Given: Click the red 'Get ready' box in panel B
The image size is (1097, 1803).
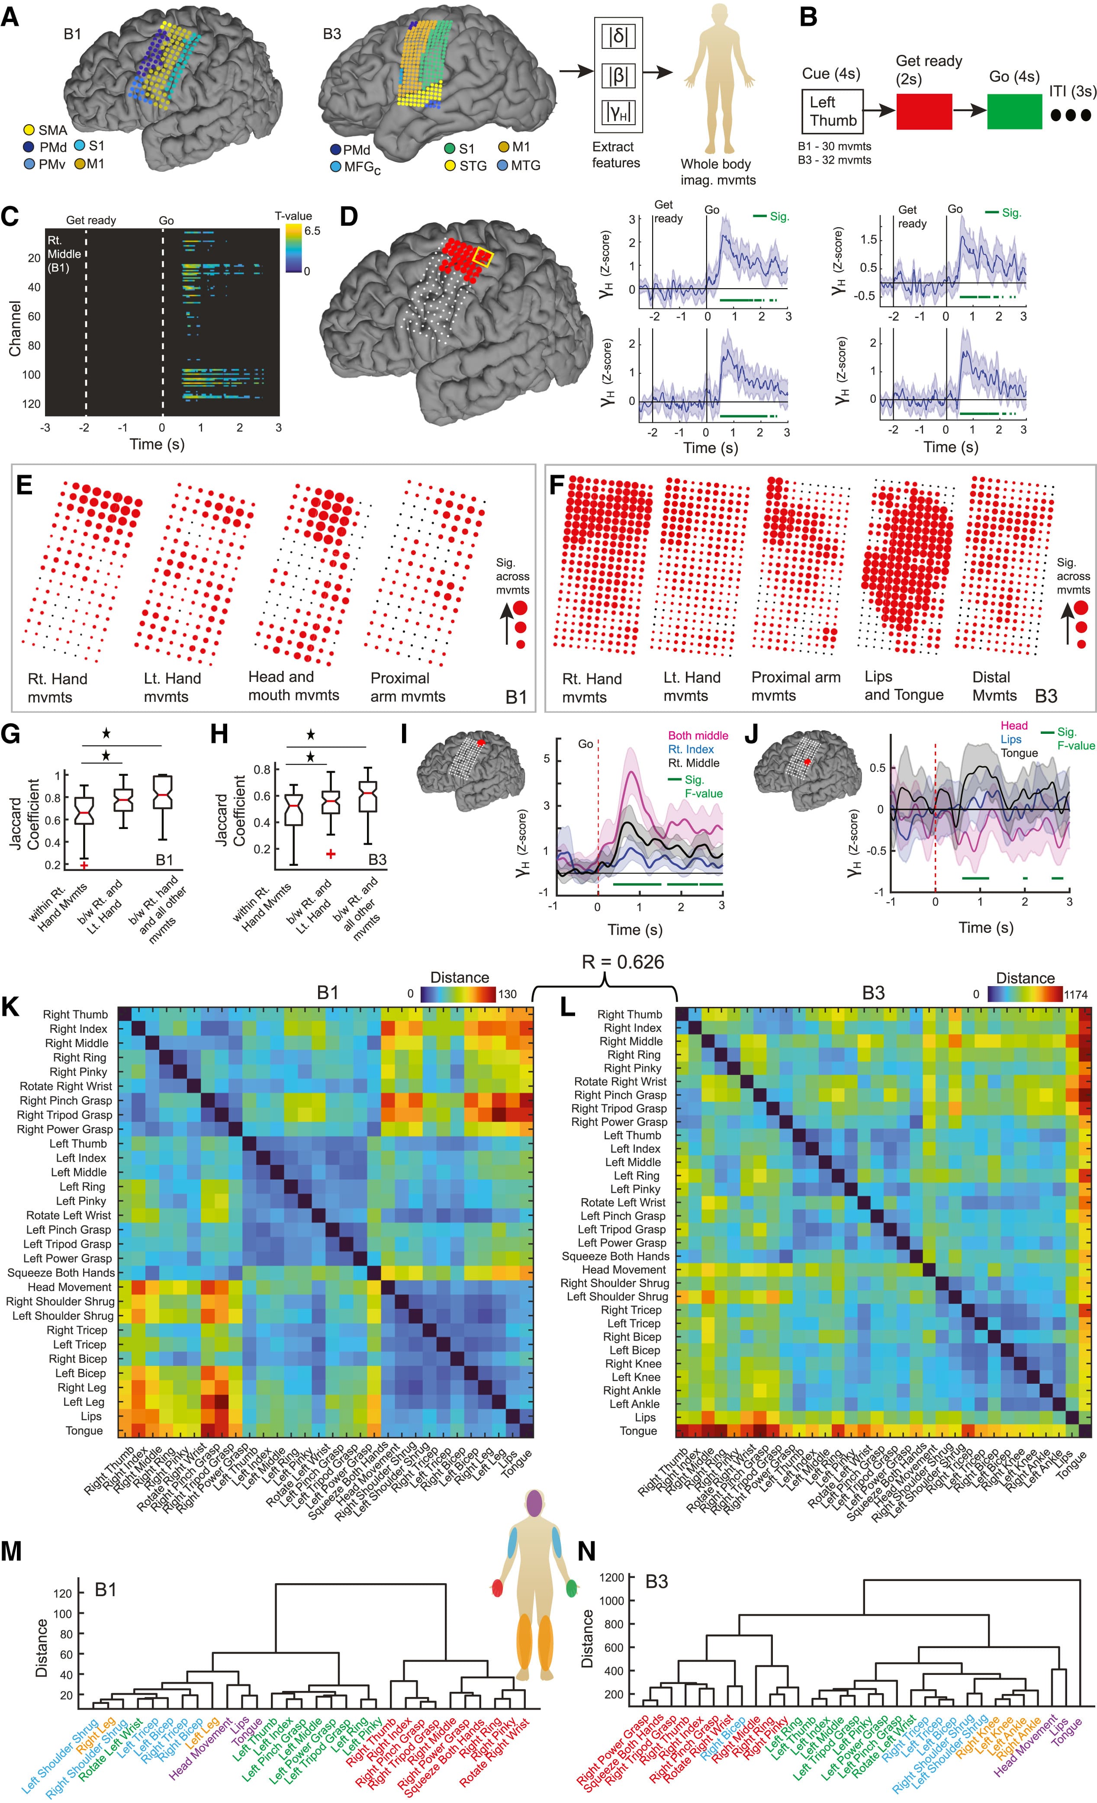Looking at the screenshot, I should coord(923,111).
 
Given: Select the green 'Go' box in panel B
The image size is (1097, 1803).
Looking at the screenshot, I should coord(1014,111).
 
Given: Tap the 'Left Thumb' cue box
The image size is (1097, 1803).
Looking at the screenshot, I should coord(833,111).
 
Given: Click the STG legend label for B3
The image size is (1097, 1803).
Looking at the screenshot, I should coord(473,166).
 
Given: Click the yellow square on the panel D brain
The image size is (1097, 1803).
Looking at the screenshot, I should coord(485,257).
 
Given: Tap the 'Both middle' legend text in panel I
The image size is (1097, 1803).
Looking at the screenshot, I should coord(698,736).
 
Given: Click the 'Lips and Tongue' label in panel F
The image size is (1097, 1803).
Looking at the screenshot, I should coord(904,686).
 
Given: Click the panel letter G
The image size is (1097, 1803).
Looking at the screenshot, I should coord(13,733).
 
